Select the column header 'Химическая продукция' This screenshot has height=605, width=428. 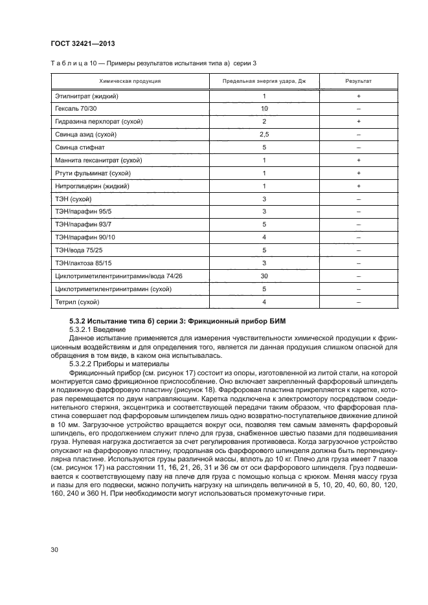point(130,81)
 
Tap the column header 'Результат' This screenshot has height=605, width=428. point(358,81)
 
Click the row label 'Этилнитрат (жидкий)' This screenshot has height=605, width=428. point(87,96)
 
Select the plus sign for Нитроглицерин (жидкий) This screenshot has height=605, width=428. point(358,186)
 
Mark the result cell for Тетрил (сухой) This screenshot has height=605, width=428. point(358,302)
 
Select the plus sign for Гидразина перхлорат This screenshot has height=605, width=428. point(358,122)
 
